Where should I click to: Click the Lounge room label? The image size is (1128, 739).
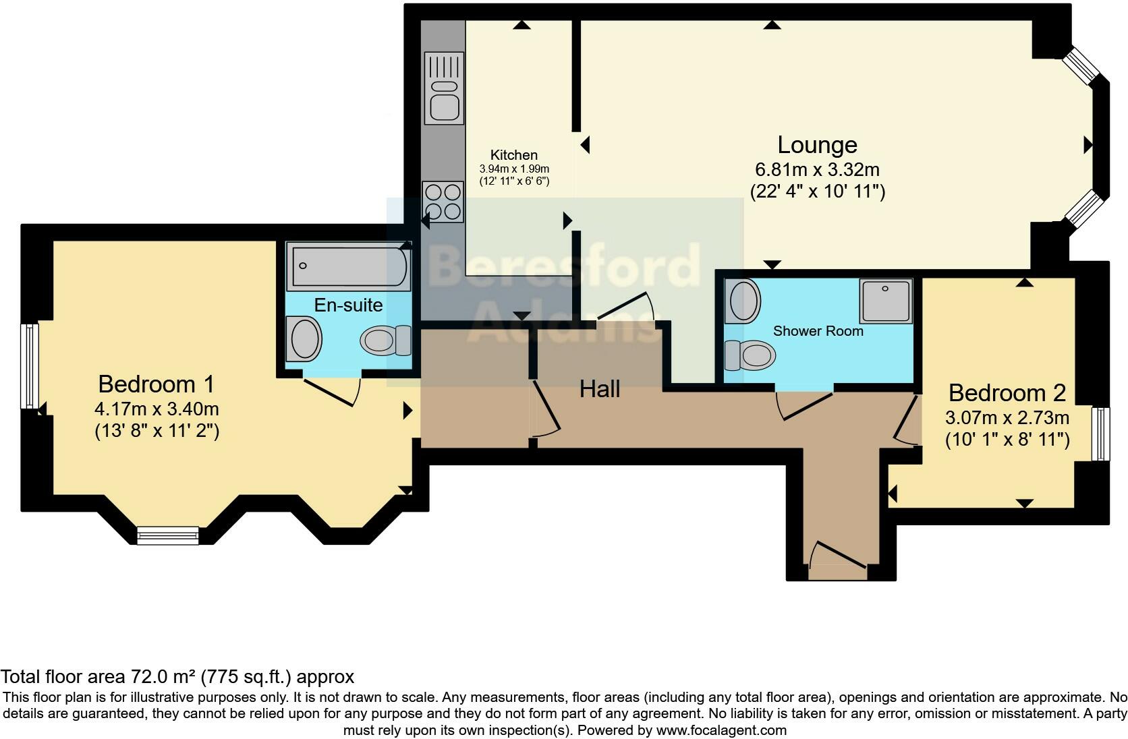point(817,145)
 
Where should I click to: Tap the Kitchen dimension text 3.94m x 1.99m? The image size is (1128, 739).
point(514,169)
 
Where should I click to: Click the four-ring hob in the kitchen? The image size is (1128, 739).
point(443,202)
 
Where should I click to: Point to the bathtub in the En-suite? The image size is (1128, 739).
point(348,267)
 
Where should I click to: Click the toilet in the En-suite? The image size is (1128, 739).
point(386,340)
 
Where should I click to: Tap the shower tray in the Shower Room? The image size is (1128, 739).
point(885,301)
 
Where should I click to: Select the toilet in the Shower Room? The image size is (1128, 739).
point(750,355)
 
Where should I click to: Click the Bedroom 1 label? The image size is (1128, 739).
point(156,384)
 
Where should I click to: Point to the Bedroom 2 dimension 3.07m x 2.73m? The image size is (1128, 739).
point(1007,417)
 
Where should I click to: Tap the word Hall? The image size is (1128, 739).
point(600,389)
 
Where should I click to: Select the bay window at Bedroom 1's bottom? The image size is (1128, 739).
point(167,535)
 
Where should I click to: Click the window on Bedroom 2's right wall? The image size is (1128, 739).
point(1100,434)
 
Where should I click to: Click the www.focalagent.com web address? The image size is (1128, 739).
point(721,730)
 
